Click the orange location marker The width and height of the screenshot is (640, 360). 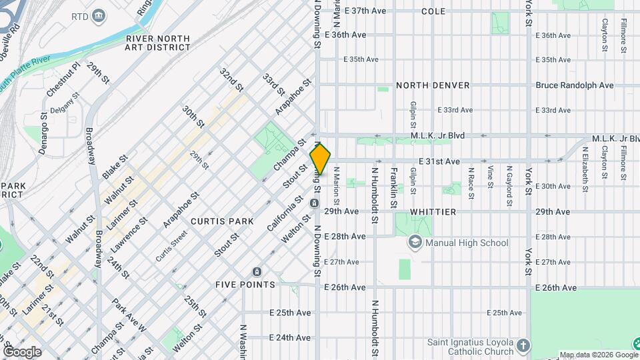tap(321, 159)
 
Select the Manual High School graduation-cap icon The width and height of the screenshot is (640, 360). tap(416, 243)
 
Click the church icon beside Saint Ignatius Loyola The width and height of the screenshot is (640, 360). tap(523, 345)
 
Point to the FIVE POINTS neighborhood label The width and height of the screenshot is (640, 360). tap(245, 285)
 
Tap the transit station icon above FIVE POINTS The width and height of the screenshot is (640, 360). tap(257, 271)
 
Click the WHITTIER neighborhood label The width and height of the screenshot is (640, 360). tap(433, 211)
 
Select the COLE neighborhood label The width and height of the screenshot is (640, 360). tap(433, 11)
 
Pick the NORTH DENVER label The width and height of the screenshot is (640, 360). tap(433, 85)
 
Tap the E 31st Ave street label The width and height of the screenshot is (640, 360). tap(439, 161)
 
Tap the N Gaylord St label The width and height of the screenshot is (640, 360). tap(509, 180)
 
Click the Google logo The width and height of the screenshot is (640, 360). tap(22, 351)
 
